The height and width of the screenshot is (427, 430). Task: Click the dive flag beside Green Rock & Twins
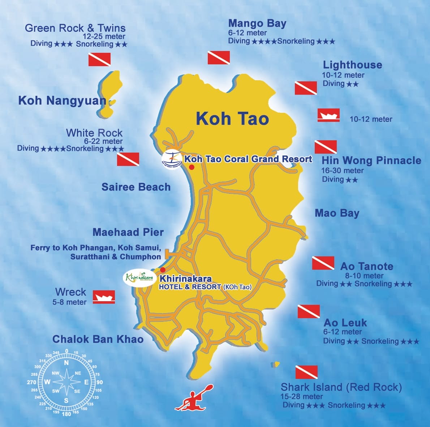click(x=99, y=59)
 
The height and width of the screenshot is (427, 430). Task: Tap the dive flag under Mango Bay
click(x=219, y=57)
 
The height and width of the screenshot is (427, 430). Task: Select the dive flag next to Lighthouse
click(x=306, y=88)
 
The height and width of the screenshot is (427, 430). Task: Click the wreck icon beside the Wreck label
click(x=104, y=297)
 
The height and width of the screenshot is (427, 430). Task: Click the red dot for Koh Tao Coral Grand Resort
click(x=192, y=167)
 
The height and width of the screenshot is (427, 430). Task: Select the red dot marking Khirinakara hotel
click(x=163, y=270)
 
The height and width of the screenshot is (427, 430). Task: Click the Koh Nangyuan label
click(x=62, y=101)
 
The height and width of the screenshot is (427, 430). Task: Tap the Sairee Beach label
click(x=136, y=187)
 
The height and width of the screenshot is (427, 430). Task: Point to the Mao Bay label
click(x=337, y=213)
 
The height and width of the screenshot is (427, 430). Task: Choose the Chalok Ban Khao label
click(x=98, y=339)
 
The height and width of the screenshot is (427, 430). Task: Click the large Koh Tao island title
click(x=232, y=119)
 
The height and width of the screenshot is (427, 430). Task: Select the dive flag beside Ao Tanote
click(x=323, y=263)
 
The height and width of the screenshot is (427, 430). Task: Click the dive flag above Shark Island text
click(x=306, y=372)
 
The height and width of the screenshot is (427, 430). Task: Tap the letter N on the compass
click(x=66, y=363)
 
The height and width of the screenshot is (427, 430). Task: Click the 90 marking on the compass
click(x=99, y=382)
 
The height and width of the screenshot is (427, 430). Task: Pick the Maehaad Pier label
click(x=128, y=232)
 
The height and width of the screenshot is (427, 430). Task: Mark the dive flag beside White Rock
click(x=128, y=159)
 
